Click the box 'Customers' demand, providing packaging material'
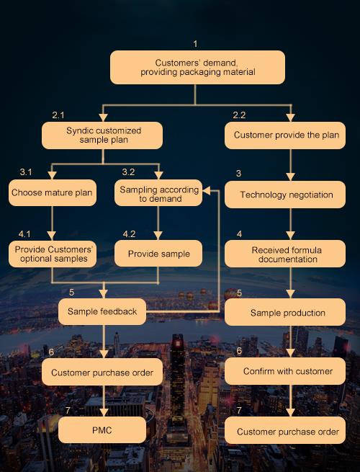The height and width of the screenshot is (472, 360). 197,67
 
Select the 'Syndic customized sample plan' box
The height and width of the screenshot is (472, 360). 102,135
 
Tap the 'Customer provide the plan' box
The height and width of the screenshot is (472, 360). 285,135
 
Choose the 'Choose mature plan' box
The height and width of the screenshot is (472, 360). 53,192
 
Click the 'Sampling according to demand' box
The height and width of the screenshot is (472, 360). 158,192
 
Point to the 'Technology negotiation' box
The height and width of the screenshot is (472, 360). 285,195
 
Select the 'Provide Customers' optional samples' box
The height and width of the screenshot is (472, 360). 53,254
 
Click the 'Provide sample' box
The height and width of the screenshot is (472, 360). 158,253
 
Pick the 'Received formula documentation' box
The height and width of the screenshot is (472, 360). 285,254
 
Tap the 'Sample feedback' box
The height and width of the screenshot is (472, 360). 102,311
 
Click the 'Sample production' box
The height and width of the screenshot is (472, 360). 285,312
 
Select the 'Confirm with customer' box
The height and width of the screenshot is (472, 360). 285,371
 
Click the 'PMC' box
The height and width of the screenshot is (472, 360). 102,430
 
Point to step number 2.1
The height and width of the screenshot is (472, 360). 58,115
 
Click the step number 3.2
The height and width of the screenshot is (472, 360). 128,172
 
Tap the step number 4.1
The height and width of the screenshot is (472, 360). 24,234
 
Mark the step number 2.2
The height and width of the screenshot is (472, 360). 239,115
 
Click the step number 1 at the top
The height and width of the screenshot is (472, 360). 196,44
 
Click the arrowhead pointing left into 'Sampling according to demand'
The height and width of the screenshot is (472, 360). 207,190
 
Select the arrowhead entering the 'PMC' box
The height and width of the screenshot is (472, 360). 104,412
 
